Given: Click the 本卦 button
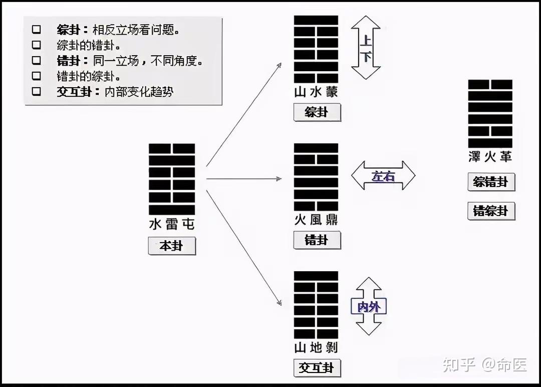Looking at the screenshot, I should [x=172, y=246].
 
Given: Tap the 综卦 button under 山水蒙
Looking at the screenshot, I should [x=317, y=112].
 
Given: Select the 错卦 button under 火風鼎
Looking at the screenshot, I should [x=317, y=240].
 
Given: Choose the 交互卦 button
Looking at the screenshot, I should [x=317, y=368].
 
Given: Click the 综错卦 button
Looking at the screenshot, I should [x=491, y=182].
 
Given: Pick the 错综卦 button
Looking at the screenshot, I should [x=491, y=211].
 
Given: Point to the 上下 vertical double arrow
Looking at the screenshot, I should [x=366, y=48].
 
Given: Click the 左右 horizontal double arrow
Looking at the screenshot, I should [x=383, y=175].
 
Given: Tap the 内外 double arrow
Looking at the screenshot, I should [x=369, y=306].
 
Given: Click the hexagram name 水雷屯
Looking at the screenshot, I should [x=172, y=224].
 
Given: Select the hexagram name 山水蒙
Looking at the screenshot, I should [x=316, y=92].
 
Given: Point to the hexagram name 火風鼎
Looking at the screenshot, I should [x=316, y=220].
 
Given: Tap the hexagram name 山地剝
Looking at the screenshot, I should [x=316, y=347].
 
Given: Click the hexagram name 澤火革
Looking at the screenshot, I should [x=490, y=157].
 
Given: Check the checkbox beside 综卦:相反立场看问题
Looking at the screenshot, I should [x=36, y=29].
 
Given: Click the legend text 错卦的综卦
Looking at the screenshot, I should [x=88, y=76].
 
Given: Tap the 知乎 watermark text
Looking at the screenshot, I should [x=458, y=365].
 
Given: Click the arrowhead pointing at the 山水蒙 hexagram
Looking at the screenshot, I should [x=279, y=64].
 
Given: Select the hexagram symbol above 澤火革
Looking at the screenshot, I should [x=490, y=113].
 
